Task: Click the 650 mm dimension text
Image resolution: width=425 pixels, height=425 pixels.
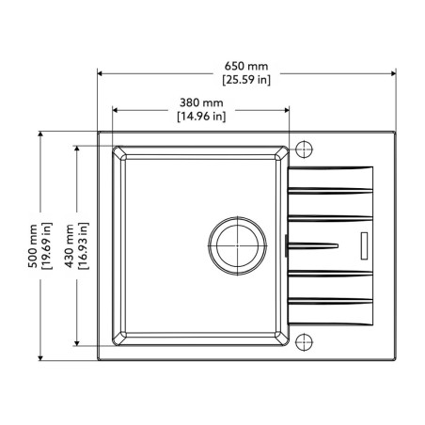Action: coord(246,66)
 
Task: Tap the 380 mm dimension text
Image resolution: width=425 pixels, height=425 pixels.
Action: coord(200,103)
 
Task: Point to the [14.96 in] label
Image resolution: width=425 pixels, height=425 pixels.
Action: coord(200,117)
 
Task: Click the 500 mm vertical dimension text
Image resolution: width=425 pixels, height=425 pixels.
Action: coord(34,245)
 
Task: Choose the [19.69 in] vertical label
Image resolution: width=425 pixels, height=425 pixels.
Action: coord(47,245)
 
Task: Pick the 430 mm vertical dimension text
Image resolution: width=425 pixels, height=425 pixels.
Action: coord(70,245)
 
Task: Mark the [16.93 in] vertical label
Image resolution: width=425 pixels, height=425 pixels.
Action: coord(83,245)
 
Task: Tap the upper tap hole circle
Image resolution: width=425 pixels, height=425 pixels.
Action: coord(304,149)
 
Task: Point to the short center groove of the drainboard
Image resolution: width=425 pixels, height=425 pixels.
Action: coord(315,244)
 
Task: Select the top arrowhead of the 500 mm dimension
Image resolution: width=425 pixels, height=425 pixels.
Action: coord(40,135)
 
